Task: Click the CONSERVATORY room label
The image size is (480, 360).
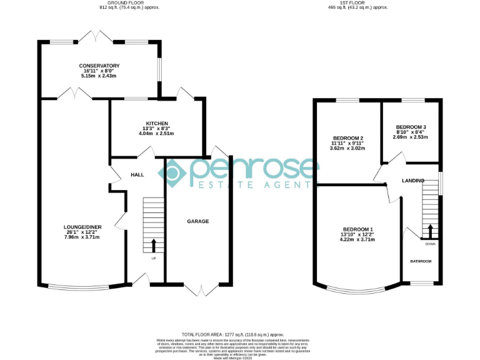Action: tap(99, 66)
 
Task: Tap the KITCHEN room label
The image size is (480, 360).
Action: tap(156, 123)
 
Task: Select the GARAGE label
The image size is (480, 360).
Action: tap(198, 221)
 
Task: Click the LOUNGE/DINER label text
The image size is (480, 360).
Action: tap(82, 227)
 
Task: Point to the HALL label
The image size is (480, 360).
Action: tap(137, 175)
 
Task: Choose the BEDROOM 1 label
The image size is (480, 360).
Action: tap(357, 229)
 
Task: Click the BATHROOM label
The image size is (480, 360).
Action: tap(421, 261)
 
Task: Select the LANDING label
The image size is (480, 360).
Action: tap(412, 181)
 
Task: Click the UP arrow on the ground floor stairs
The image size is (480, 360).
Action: tap(154, 245)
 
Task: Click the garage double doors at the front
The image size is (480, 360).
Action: tap(198, 289)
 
